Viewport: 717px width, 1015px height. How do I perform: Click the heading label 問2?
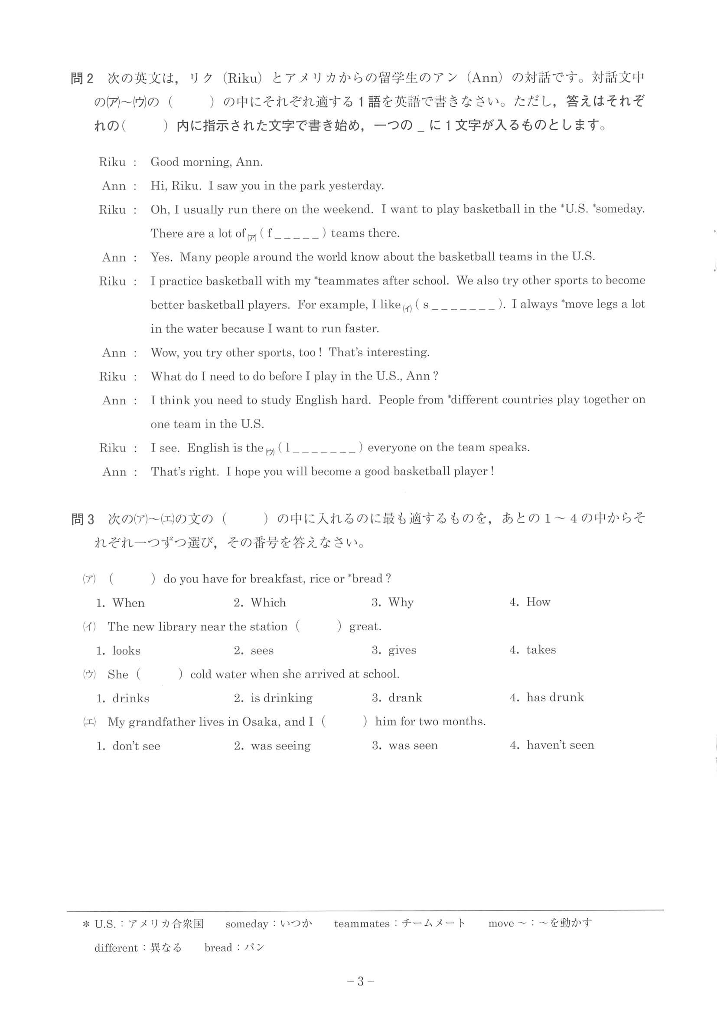(x=82, y=79)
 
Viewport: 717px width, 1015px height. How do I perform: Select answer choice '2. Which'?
(x=260, y=602)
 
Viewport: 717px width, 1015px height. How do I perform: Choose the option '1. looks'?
(x=118, y=651)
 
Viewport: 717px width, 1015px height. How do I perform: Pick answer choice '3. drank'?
(x=397, y=698)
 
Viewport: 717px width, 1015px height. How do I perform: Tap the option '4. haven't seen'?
(x=552, y=745)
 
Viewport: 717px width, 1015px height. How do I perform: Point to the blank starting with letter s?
(x=459, y=305)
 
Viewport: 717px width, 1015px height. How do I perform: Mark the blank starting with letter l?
(x=320, y=448)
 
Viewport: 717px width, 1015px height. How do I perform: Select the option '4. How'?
(x=530, y=602)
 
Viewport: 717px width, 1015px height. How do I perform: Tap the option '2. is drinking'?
(x=273, y=698)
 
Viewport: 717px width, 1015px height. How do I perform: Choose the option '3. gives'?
(x=394, y=650)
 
